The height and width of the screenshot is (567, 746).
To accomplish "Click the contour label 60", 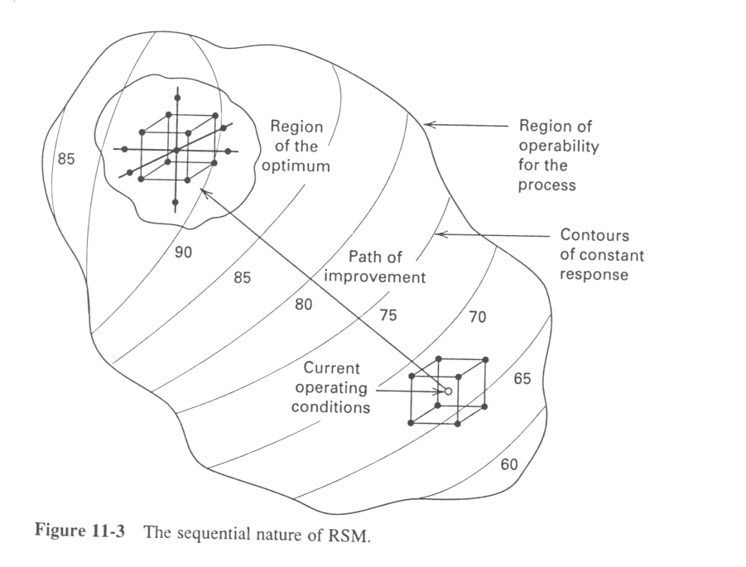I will [508, 464].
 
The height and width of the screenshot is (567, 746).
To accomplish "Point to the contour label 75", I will [388, 315].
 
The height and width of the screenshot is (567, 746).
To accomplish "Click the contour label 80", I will [304, 305].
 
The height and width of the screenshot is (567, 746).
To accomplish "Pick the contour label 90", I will [184, 252].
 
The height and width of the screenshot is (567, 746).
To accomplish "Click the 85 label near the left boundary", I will [66, 159].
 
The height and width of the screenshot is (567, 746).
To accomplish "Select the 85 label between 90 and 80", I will [241, 278].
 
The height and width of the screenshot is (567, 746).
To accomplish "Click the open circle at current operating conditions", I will [448, 391].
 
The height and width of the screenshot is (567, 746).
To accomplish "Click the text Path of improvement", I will [374, 267].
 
